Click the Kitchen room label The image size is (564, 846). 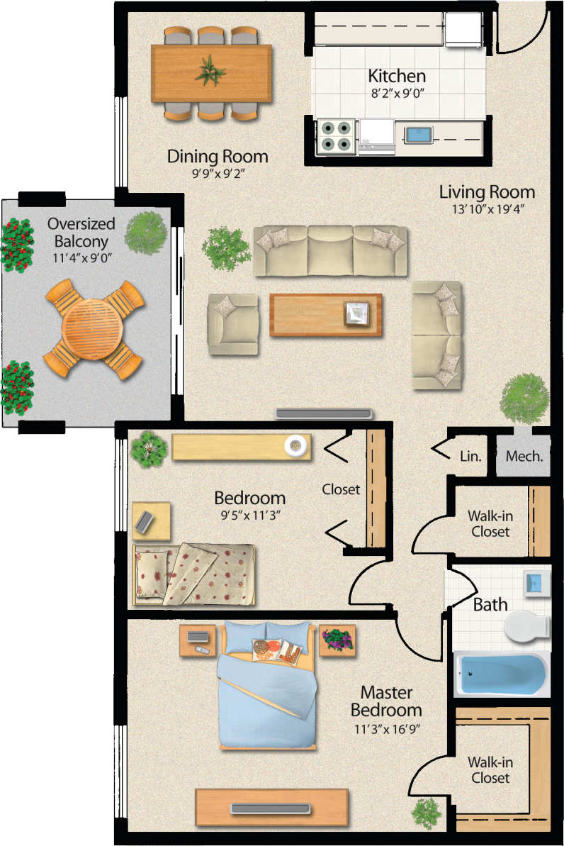pos(396,76)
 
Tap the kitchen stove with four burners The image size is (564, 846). pos(336,135)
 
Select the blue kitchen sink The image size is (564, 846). pos(418,133)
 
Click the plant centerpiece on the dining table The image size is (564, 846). pos(210,71)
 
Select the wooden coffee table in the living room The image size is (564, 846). pos(325,314)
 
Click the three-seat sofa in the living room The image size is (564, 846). pos(330,250)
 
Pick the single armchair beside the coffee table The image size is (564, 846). pos(232,324)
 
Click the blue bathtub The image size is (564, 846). pos(502,674)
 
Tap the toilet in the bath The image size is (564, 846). pos(527,625)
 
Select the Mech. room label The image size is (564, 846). pos(524,456)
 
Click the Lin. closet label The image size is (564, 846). pos(470,456)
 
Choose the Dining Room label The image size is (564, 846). pos(218,156)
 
